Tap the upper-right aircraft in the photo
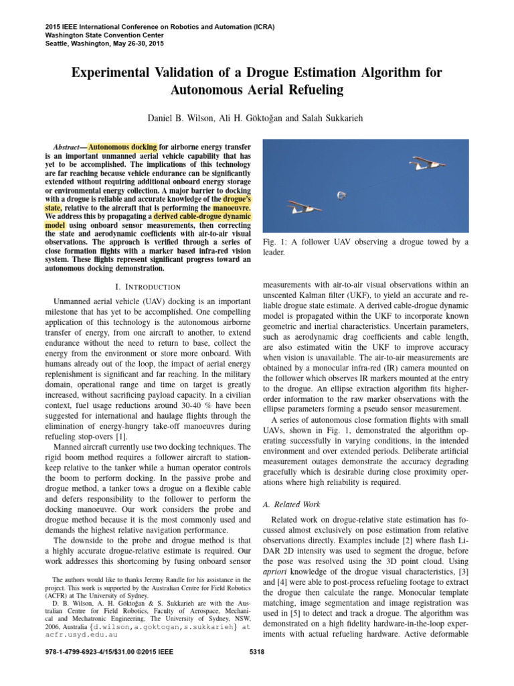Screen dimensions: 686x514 click(428, 163)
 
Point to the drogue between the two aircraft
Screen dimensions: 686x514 click(341, 195)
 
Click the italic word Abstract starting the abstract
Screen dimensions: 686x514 click(68, 146)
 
